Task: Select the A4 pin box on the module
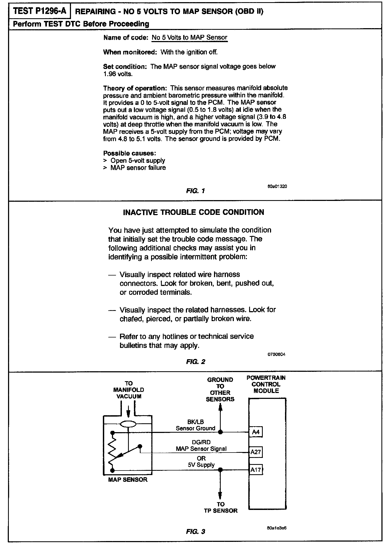[x=256, y=432]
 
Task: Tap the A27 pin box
[x=256, y=452]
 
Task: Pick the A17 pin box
[x=256, y=470]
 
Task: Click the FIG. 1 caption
[x=196, y=191]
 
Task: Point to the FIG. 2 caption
[x=196, y=362]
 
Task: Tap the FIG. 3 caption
[x=196, y=531]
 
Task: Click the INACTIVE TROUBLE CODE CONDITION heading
[x=193, y=212]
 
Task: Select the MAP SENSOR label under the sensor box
[x=128, y=480]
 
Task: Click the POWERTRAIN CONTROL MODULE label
[x=266, y=384]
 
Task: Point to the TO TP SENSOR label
[x=220, y=507]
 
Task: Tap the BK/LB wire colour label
[x=196, y=422]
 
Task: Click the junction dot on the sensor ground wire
[x=220, y=432]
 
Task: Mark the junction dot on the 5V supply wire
[x=220, y=470]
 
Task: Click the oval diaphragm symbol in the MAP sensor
[x=129, y=424]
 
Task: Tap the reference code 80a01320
[x=277, y=186]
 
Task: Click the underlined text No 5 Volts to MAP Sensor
[x=189, y=38]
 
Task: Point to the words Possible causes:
[x=130, y=153]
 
